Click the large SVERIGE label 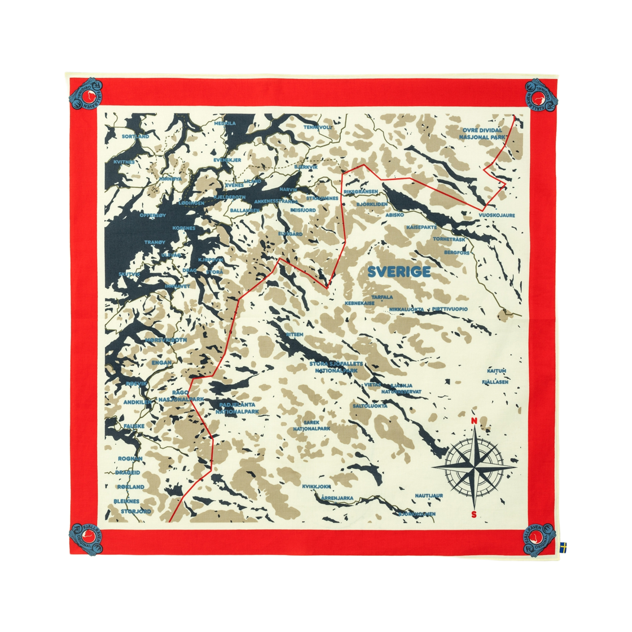pos(398,272)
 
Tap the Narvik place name pos(288,190)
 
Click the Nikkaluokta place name pos(407,309)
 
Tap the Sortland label pos(135,136)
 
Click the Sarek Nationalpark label pos(311,425)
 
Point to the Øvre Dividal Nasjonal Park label pos(482,133)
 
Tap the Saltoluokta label pos(370,405)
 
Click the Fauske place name pos(134,425)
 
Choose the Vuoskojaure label pos(496,215)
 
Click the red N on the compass pos(473,421)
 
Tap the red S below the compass pos(473,513)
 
